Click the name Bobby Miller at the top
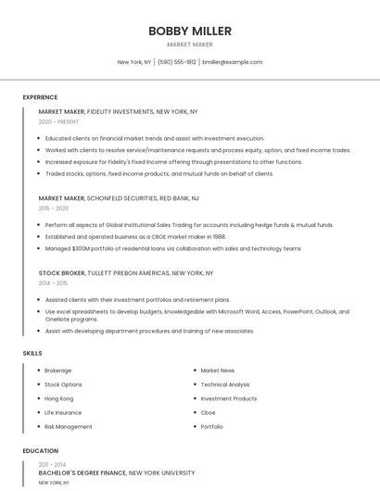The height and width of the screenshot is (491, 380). coord(190,31)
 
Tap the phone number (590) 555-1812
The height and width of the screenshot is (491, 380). coord(177,62)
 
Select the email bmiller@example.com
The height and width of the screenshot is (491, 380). coord(232,62)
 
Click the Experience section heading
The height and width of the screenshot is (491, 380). coord(40,97)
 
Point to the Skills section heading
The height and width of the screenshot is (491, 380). coord(32,353)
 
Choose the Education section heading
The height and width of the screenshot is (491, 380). coord(40,451)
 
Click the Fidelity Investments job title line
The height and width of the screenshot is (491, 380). coord(118,111)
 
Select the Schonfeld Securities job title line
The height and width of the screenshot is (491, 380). coord(119,198)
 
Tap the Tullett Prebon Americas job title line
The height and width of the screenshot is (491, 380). coord(126,273)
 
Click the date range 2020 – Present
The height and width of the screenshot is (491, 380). coord(58,121)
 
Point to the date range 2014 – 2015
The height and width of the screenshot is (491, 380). coord(53,283)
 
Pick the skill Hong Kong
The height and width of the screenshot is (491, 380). coord(59,398)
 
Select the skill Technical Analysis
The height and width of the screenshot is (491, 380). coord(225,384)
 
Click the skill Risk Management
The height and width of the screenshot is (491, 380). coord(69,427)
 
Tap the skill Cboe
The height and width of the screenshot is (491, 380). coord(209,412)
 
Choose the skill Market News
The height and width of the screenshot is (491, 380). coord(218,371)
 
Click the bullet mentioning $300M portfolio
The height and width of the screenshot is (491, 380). coord(173,248)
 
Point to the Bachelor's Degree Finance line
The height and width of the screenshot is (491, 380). coord(117,472)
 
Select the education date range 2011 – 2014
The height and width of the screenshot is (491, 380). coord(52,463)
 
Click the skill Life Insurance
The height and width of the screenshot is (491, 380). coord(63,412)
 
